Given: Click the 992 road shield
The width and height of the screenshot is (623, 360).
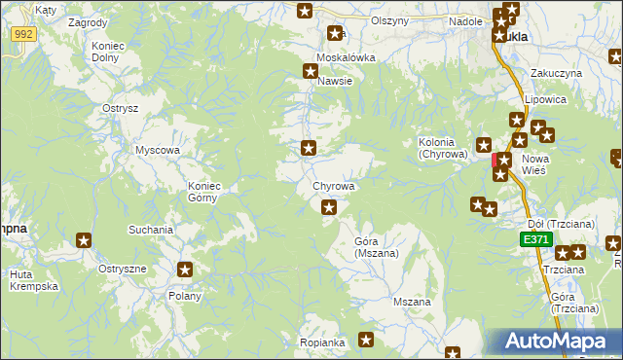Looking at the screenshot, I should coord(24,34).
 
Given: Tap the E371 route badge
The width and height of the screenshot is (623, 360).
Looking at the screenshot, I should coord(534,239).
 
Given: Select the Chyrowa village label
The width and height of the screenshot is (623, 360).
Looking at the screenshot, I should coord(333,185).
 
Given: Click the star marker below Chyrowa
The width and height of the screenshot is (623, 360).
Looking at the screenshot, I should coord(329,206).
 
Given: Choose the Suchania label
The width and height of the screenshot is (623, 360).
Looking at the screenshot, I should coord(151,230).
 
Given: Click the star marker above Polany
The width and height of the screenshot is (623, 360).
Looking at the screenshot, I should coord(185,270).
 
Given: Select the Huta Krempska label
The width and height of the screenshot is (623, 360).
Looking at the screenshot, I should coord(35,280).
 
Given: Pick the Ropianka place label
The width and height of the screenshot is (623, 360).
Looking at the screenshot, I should coord(323,342).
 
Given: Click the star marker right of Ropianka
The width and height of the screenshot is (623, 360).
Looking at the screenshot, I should coord(366,340).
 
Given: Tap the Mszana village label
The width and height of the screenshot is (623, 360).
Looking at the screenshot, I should coord(412,302).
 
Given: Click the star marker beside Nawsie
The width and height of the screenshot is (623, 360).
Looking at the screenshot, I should coord(311,70).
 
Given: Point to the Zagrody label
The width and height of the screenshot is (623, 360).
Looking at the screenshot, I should coord(89,21).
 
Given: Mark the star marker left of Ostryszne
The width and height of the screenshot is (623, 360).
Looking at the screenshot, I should coord(85,240).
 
